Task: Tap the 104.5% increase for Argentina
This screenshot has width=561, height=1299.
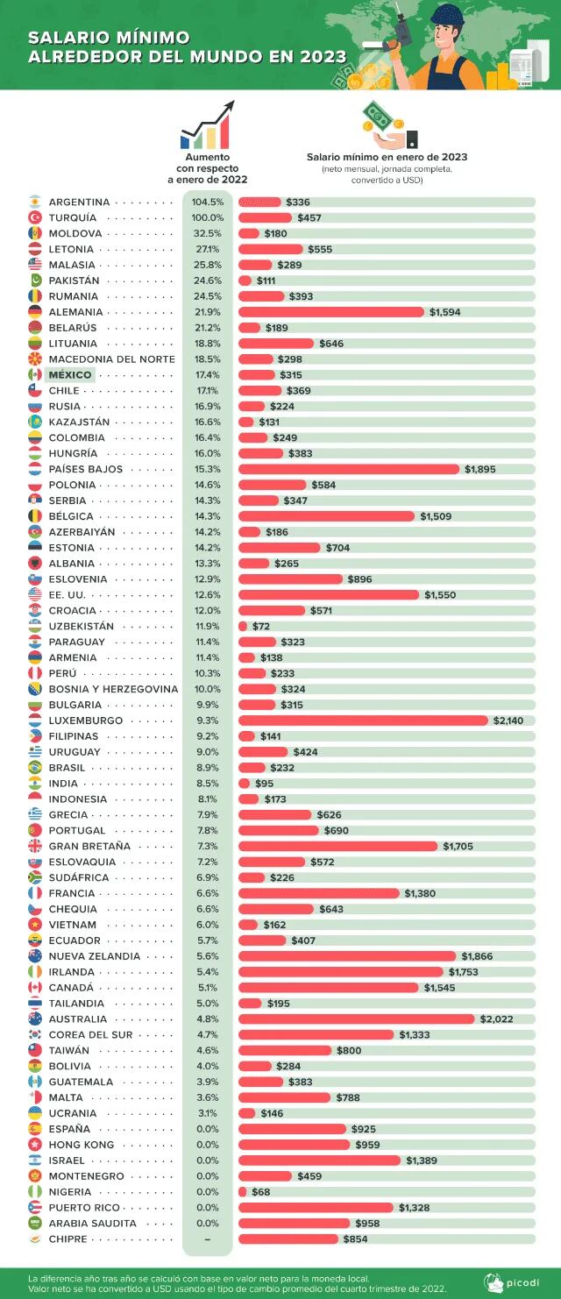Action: point(208,202)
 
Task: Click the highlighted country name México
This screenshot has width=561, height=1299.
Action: point(70,375)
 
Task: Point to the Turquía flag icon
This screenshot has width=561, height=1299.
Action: point(35,217)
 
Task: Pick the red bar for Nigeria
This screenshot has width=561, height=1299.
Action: point(243,1192)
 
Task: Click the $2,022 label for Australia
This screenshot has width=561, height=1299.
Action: point(496,1019)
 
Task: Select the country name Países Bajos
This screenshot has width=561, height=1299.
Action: point(85,469)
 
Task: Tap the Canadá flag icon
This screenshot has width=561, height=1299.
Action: point(35,988)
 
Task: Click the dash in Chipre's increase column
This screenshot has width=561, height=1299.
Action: point(208,1239)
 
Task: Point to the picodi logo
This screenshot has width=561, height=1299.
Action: point(516,1282)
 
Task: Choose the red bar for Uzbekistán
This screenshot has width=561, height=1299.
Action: point(243,627)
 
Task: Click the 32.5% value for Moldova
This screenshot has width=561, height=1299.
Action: point(208,233)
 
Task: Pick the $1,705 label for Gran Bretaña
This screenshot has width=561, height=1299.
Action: point(458,847)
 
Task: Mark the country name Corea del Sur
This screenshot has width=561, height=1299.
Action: point(87,1035)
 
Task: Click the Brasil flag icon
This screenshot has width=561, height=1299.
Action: point(35,768)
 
